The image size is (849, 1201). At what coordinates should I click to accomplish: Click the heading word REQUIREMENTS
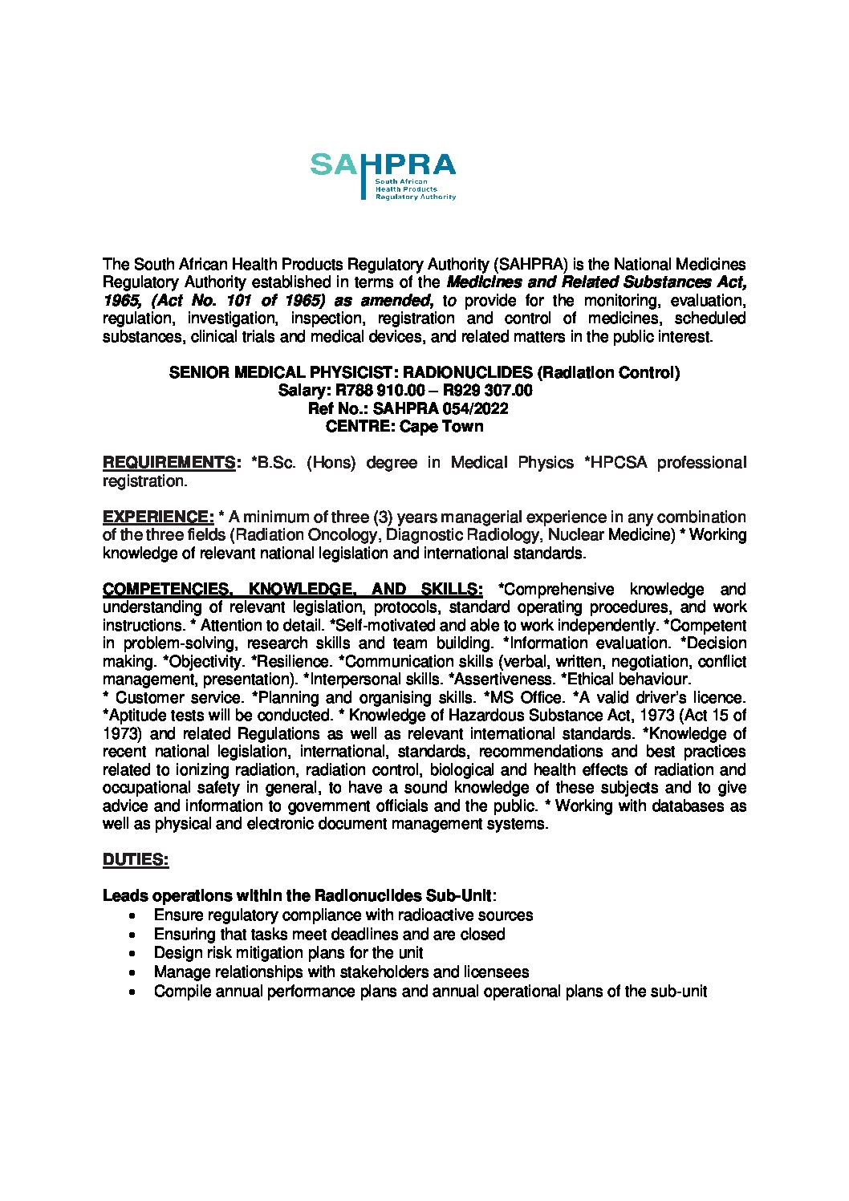(168, 463)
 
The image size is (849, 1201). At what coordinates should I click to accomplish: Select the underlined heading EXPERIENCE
(157, 517)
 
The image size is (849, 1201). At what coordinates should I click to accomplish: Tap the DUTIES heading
(136, 860)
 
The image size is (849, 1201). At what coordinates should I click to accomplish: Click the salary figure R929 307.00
(488, 391)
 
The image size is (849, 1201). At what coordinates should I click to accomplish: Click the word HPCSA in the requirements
(617, 463)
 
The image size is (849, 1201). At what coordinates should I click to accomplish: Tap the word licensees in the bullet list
(496, 972)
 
